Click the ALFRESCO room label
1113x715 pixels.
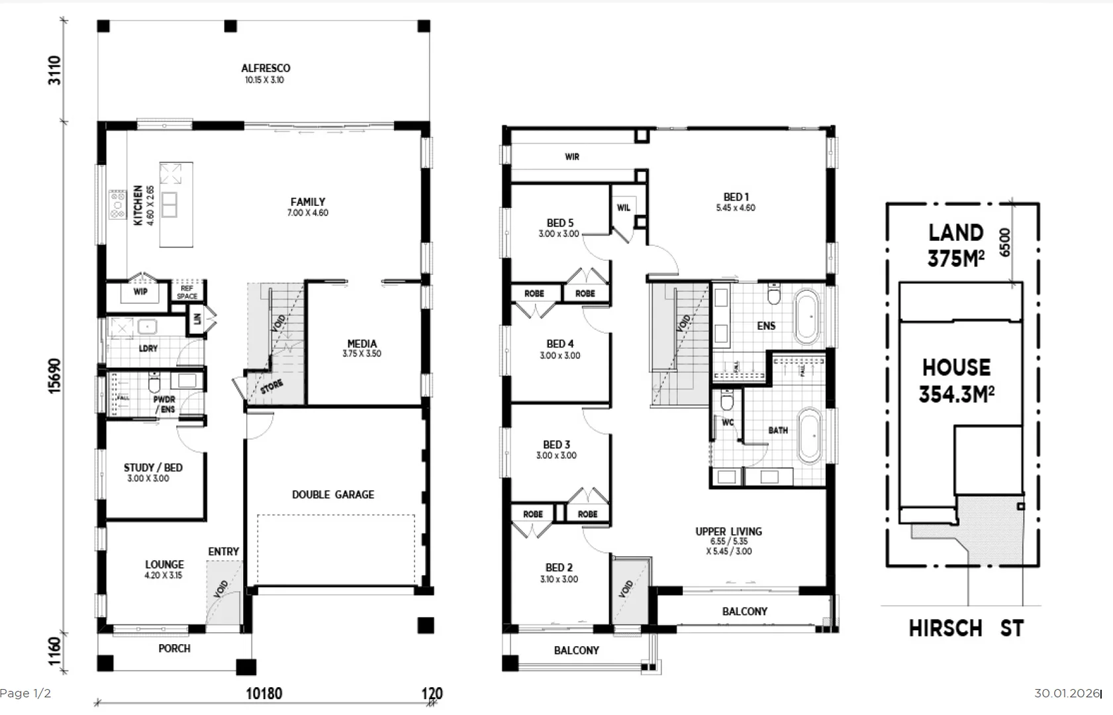click(x=266, y=68)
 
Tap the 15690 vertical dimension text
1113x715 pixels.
click(x=54, y=375)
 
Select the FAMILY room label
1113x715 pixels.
click(x=308, y=202)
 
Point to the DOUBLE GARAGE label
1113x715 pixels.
click(x=333, y=495)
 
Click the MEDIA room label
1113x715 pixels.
click(x=362, y=344)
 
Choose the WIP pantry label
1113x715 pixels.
click(x=140, y=291)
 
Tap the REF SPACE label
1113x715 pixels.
click(x=187, y=292)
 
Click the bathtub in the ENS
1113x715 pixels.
click(x=806, y=316)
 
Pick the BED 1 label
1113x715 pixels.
click(x=736, y=197)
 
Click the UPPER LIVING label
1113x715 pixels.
click(x=728, y=532)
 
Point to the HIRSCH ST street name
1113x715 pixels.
click(x=966, y=628)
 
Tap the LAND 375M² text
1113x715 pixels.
click(x=955, y=246)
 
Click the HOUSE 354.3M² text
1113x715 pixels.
click(x=956, y=381)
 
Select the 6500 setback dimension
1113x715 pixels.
click(x=1005, y=242)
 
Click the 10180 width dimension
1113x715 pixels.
click(x=264, y=693)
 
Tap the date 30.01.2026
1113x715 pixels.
click(x=1067, y=693)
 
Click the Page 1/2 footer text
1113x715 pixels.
click(x=25, y=693)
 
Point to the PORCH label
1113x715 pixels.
click(x=174, y=649)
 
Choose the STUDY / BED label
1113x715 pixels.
click(x=153, y=467)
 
